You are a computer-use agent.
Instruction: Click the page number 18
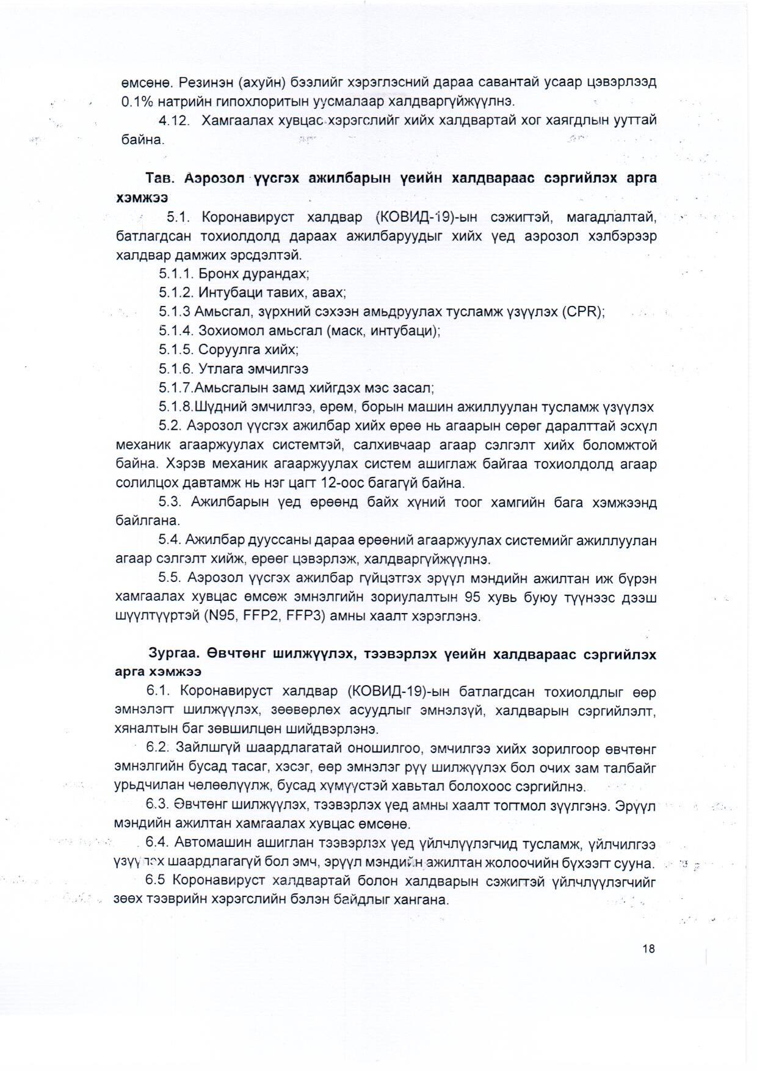pyautogui.click(x=648, y=948)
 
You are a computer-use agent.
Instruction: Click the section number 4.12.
pyautogui.click(x=175, y=120)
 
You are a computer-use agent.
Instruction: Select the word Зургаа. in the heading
pyautogui.click(x=175, y=654)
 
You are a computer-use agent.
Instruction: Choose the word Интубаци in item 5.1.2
pyautogui.click(x=231, y=292)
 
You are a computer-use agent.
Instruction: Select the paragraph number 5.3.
pyautogui.click(x=170, y=503)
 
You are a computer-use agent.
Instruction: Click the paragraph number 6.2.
pyautogui.click(x=157, y=748)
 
